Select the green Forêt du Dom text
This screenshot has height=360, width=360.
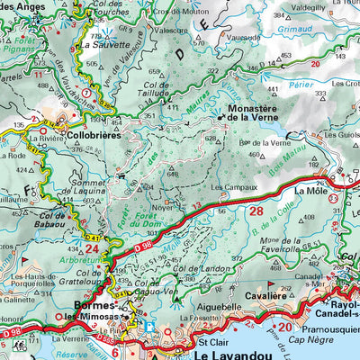point(149,212)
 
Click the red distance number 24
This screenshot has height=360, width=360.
point(93,247)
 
